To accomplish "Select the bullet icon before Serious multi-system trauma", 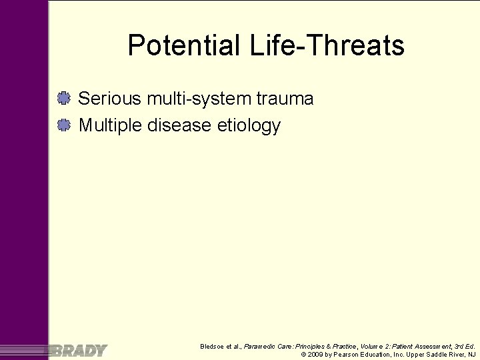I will point(64,99).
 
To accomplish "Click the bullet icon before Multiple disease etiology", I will point(64,125).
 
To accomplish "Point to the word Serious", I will point(110,99).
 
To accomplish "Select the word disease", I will point(181,125).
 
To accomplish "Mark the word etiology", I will point(249,126).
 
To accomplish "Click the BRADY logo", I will point(79,350).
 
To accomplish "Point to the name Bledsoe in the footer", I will point(213,346).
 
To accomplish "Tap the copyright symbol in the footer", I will point(304,355).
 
